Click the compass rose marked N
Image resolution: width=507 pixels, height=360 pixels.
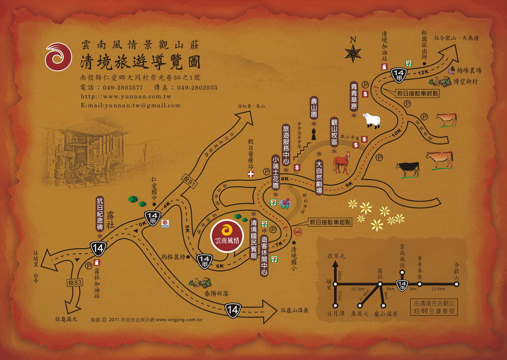coord(352,52)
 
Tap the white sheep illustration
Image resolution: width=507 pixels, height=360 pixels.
coord(372,120)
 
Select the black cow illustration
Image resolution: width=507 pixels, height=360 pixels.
coord(408,169)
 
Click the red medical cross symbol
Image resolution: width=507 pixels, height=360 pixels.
coord(250,173)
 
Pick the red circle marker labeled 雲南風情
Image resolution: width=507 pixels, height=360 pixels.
coord(227,234)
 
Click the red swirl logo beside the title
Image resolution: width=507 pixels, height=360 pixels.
coord(58,56)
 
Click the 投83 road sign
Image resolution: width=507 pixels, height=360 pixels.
coord(74,283)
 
